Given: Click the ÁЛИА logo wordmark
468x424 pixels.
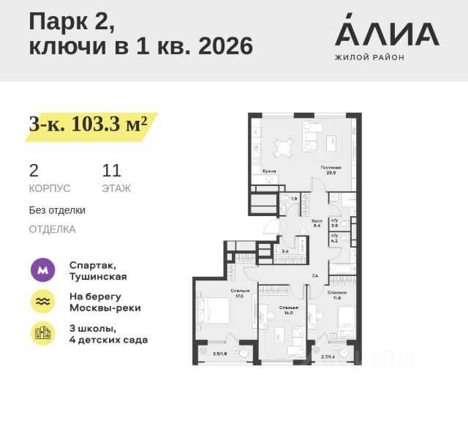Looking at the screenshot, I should click(x=387, y=33).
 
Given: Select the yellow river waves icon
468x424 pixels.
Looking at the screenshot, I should click(x=42, y=302).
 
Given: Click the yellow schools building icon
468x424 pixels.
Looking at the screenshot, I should click(x=42, y=333).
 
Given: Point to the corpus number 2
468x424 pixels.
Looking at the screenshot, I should click(x=34, y=171).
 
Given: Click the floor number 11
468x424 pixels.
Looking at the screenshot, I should click(x=111, y=171).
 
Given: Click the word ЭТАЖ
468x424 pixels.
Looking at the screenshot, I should click(x=116, y=188).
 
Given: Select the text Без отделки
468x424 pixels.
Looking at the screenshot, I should click(x=57, y=210).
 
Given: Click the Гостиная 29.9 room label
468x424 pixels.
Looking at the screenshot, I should click(x=331, y=170).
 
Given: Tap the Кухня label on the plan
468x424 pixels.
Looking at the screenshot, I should click(x=269, y=170).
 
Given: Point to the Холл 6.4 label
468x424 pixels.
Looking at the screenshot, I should click(x=317, y=223).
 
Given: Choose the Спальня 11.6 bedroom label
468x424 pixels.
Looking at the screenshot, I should click(x=337, y=294).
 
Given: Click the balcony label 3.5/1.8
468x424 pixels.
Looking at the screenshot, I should click(x=219, y=354).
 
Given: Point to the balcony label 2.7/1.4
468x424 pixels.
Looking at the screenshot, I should click(x=328, y=357).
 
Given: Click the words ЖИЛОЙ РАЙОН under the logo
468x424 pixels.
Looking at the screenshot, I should click(x=369, y=57).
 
